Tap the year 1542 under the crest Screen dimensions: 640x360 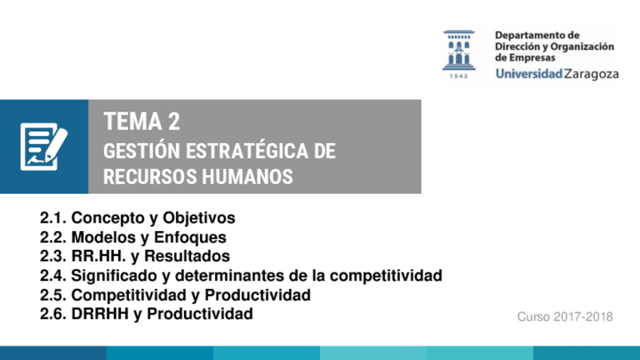coord(459,76)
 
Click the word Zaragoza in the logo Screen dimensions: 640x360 coord(592,74)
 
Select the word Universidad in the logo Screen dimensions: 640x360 coord(529,73)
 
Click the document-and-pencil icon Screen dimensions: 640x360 coord(44,146)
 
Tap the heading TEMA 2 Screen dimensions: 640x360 coord(142,122)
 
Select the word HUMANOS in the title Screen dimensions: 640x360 coord(248,177)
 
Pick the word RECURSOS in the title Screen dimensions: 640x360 coord(150,177)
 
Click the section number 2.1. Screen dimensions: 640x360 coord(53,218)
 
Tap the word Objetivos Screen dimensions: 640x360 coord(198,218)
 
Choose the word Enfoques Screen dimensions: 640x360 coord(190,237)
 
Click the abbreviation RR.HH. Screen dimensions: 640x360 coord(98,256)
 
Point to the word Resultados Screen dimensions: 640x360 coord(187,256)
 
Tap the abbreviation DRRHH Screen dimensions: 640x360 coord(100,314)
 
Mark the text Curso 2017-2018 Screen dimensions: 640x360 coord(565,317)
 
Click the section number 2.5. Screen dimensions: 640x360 coord(53,295)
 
